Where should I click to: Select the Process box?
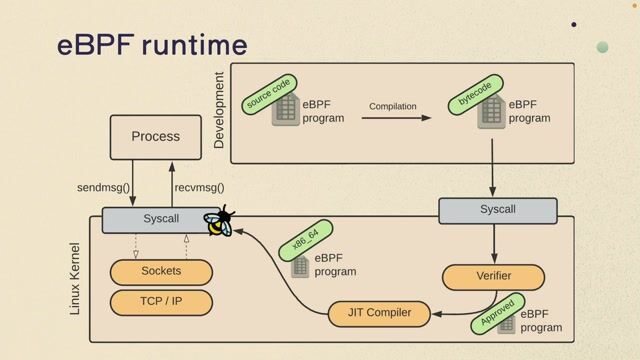click(x=155, y=136)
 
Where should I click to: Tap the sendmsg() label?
click(x=104, y=187)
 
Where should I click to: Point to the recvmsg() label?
click(x=199, y=187)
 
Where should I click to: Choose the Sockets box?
click(x=161, y=272)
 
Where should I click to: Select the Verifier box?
click(x=493, y=277)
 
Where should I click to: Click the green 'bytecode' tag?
click(x=474, y=92)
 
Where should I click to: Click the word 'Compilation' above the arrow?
click(x=393, y=106)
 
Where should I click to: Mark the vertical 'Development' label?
click(x=220, y=110)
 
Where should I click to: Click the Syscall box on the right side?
click(x=498, y=210)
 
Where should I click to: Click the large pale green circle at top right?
click(x=602, y=47)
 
